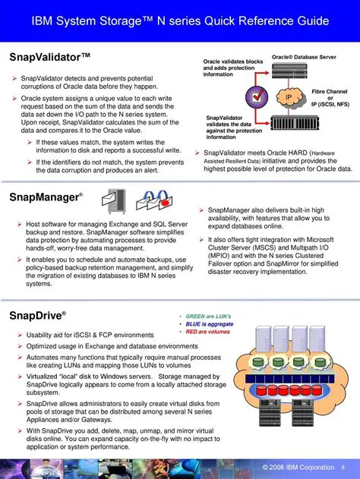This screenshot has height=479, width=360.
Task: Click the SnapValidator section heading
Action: [x=49, y=57]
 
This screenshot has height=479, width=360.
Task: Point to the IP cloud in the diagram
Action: [x=289, y=98]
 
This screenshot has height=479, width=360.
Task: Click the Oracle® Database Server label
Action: [x=304, y=57]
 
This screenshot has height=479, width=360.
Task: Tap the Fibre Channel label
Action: [x=331, y=92]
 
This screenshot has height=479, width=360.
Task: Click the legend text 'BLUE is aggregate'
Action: [x=209, y=323]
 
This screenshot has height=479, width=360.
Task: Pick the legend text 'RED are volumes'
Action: [x=207, y=331]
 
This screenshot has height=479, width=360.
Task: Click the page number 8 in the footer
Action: [x=343, y=466]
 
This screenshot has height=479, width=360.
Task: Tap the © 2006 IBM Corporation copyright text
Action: [x=298, y=466]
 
